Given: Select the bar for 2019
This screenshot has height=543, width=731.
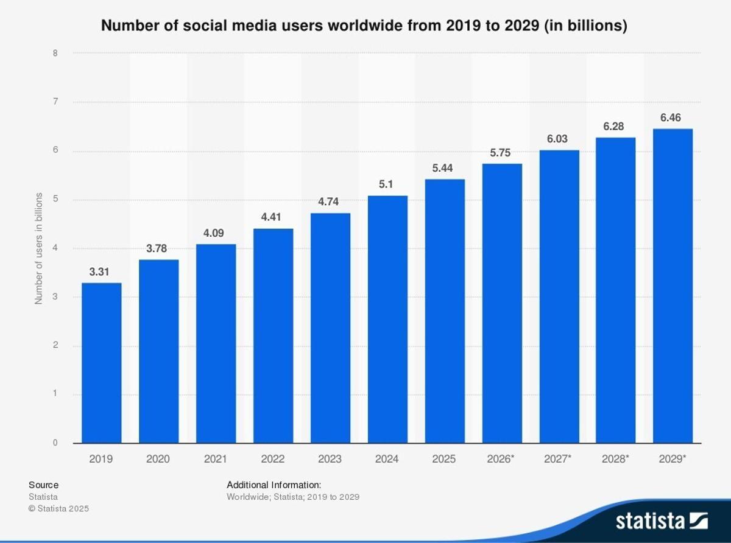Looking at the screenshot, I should pyautogui.click(x=101, y=363).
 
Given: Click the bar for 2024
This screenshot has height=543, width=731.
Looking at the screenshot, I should pyautogui.click(x=387, y=319).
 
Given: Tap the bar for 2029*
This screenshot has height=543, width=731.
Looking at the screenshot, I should pyautogui.click(x=673, y=286).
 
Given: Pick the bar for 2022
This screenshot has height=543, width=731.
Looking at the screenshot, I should pyautogui.click(x=273, y=335).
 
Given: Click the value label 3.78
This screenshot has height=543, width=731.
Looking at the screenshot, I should pyautogui.click(x=158, y=248).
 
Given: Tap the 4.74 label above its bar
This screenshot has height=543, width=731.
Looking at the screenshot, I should pyautogui.click(x=330, y=202).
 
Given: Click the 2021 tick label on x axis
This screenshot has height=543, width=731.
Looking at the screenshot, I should pyautogui.click(x=216, y=459).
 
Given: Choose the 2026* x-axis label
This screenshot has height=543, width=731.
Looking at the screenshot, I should pyautogui.click(x=501, y=459).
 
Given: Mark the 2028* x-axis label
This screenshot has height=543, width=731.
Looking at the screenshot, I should pyautogui.click(x=615, y=459).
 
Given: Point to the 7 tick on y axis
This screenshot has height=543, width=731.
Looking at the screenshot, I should pyautogui.click(x=55, y=102).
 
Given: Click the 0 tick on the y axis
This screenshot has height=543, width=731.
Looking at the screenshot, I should pyautogui.click(x=55, y=443).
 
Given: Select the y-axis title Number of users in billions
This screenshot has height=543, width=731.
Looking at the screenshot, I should pyautogui.click(x=38, y=248).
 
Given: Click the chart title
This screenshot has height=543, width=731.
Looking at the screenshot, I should pyautogui.click(x=364, y=26).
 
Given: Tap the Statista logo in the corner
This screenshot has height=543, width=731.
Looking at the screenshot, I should pyautogui.click(x=661, y=521).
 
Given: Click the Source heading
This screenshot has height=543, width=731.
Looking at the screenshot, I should pyautogui.click(x=43, y=485).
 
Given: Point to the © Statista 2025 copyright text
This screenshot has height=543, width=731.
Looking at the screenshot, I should pyautogui.click(x=58, y=508).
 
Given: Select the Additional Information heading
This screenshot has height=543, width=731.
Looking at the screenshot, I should pyautogui.click(x=274, y=485).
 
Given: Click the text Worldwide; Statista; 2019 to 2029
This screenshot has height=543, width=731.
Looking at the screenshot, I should pyautogui.click(x=293, y=497).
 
